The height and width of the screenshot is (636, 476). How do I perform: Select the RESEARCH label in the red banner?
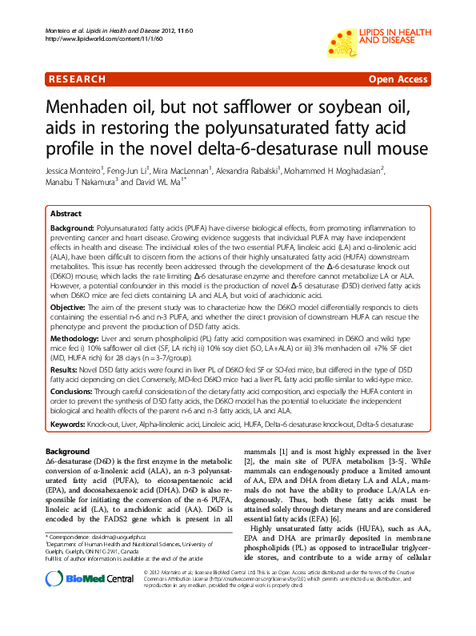pos(77,79)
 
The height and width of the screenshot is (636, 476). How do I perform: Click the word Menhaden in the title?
pos(92,110)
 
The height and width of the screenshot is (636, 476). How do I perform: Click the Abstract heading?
pos(66,214)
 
